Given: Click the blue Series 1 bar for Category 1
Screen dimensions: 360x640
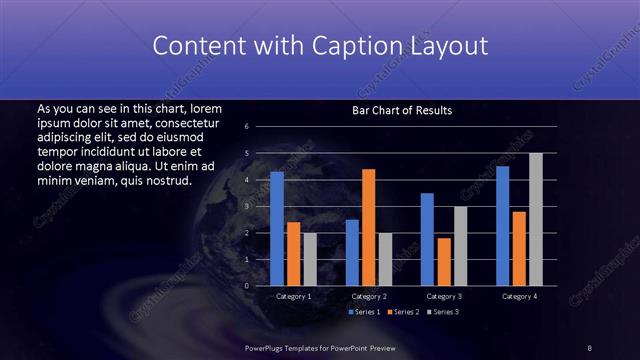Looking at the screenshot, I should click(x=277, y=229).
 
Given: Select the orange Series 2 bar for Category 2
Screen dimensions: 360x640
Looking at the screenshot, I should click(x=368, y=227).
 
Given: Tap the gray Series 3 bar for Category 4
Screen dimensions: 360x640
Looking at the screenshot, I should click(x=535, y=219).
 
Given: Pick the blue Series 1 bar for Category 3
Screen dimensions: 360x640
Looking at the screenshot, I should click(x=427, y=239).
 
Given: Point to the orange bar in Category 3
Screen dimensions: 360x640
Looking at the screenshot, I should click(x=443, y=262).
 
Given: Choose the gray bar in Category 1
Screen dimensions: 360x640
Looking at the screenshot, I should click(x=310, y=259).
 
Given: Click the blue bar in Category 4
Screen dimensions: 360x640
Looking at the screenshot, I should click(x=502, y=226).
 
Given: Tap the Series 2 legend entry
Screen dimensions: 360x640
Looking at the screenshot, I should click(x=402, y=312).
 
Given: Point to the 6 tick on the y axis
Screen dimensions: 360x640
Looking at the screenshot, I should click(x=246, y=127).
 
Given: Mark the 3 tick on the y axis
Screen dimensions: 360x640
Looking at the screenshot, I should click(x=246, y=206).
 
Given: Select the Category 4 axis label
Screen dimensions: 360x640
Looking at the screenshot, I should click(x=519, y=296).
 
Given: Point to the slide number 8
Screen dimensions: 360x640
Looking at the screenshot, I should click(x=590, y=347).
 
